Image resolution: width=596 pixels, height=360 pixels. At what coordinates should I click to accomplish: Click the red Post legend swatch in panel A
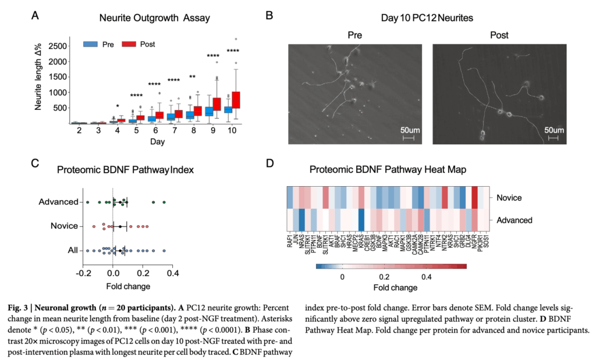tap(130, 44)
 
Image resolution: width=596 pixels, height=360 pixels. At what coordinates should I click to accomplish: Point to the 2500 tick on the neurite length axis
tap(56, 45)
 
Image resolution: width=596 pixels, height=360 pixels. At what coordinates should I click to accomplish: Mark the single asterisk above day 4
tap(118, 106)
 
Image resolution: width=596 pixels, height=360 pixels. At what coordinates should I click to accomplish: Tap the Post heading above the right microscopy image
tap(499, 35)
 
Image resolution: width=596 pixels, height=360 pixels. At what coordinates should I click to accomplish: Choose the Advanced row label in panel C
tap(58, 202)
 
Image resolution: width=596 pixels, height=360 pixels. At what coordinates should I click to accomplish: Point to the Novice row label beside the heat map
tap(509, 198)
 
